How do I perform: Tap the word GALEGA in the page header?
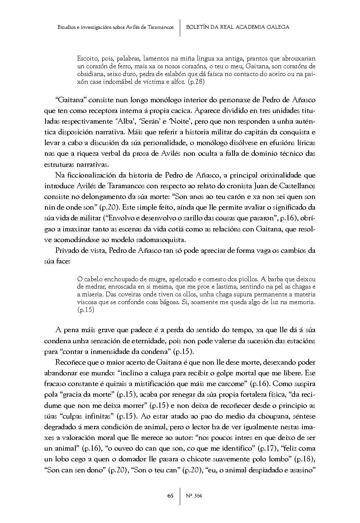coord(278,27)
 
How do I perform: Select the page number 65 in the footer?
coord(170,496)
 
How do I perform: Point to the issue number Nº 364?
coord(193,496)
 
